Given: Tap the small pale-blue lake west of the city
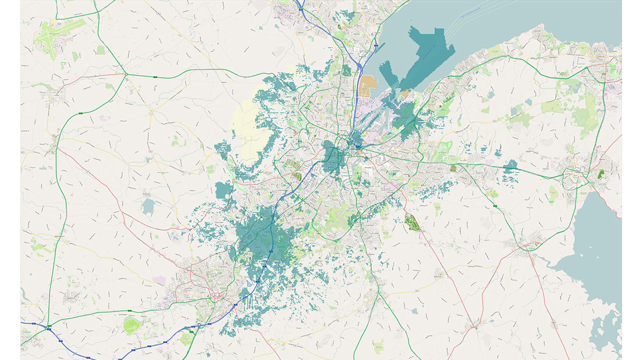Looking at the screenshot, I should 148,207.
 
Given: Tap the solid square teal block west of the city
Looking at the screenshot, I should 224,190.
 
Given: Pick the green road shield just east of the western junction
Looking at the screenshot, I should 155,76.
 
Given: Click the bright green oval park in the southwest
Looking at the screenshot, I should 132,324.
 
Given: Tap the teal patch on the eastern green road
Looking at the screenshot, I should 510,165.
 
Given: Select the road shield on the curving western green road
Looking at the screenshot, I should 81,113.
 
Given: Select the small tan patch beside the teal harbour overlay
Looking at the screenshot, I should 405,93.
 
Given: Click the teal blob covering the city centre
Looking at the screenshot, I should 333,158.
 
